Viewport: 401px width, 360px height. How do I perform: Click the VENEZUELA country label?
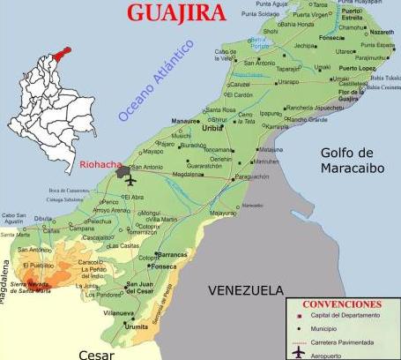click(246, 290)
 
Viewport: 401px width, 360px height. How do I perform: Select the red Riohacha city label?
click(99, 163)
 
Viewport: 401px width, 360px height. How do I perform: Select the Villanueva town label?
click(117, 312)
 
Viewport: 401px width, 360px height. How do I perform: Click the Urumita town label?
click(137, 326)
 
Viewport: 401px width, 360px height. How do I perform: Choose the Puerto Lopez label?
click(355, 68)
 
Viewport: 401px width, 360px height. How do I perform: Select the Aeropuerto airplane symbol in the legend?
click(299, 352)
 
